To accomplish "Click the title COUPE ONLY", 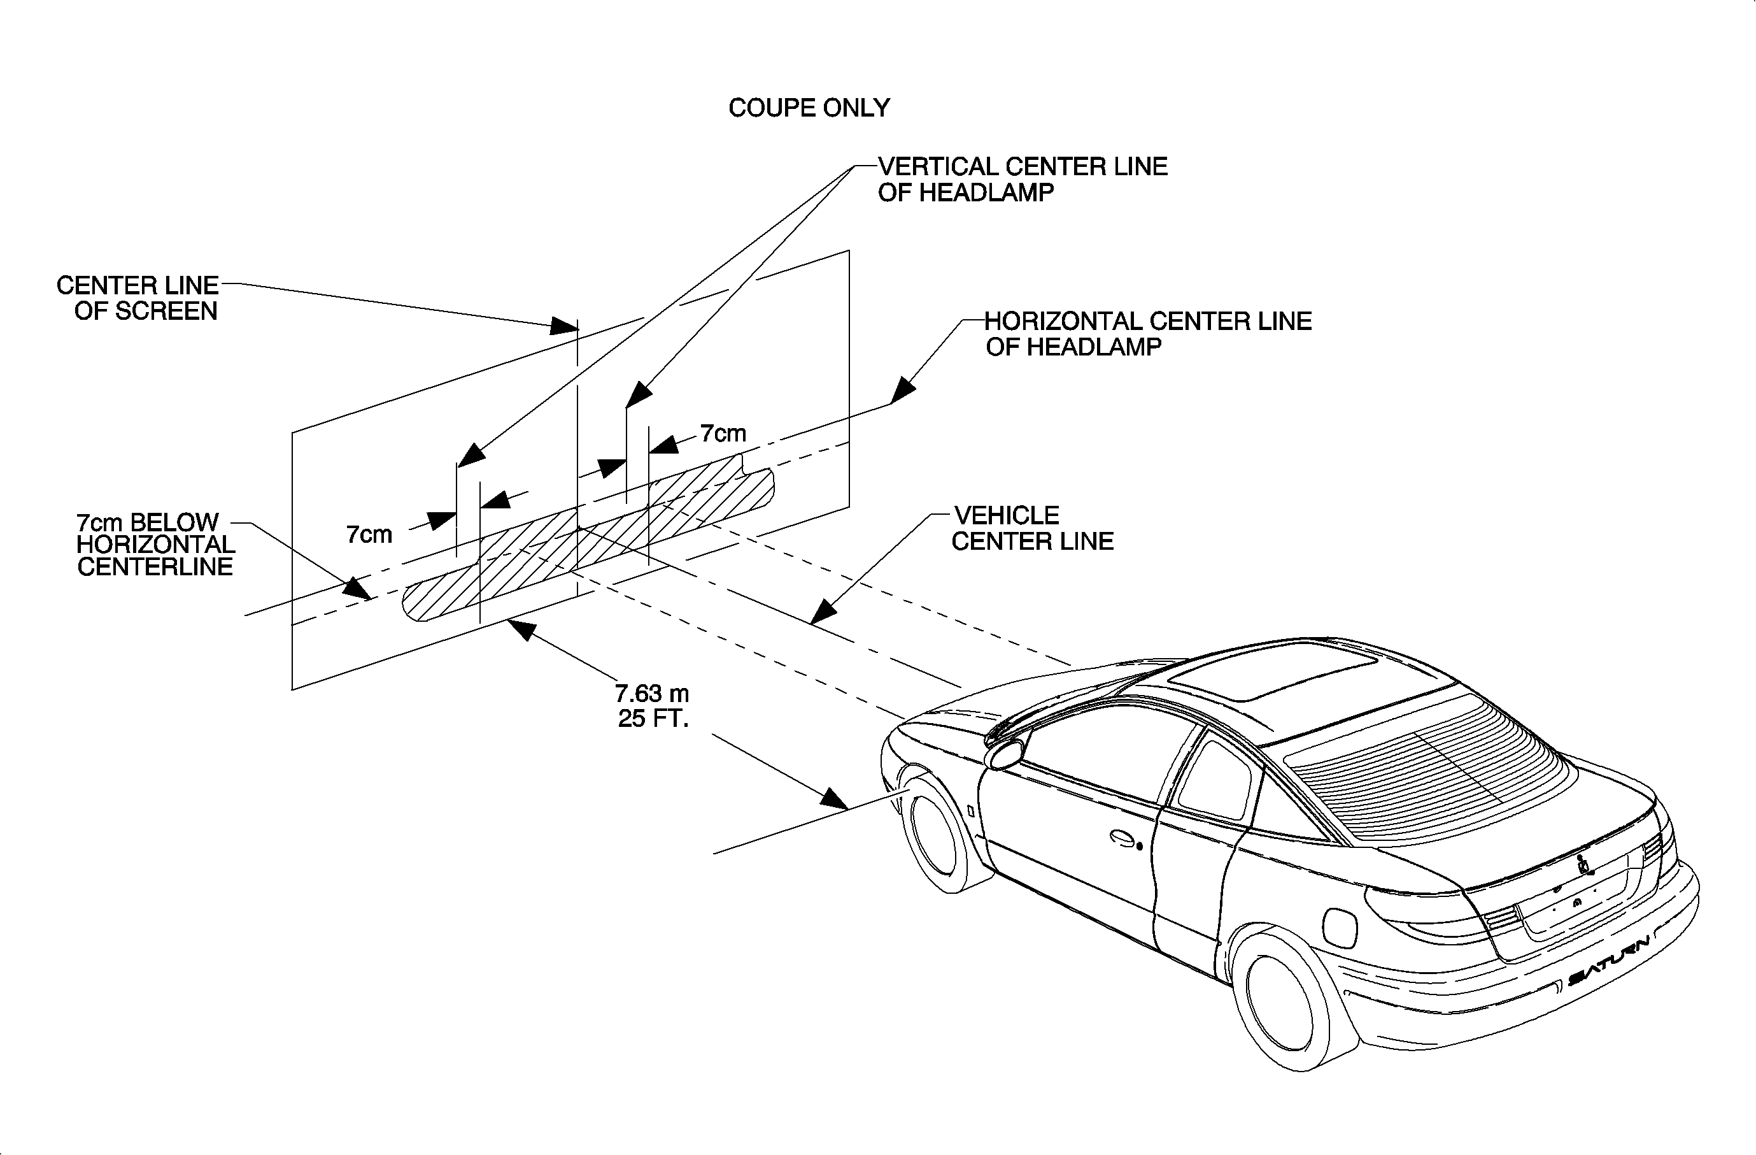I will click(809, 108).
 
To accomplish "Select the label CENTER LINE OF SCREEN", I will click(138, 298).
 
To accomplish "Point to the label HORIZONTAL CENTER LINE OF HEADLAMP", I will click(1147, 334).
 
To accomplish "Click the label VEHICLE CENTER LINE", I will click(1031, 528).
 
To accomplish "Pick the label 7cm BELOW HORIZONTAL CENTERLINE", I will click(155, 545).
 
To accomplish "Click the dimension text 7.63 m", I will click(651, 694).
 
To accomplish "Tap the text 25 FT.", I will click(653, 719).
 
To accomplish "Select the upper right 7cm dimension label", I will click(723, 433).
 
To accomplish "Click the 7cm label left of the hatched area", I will click(369, 534).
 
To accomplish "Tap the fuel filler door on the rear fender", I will click(1341, 927).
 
